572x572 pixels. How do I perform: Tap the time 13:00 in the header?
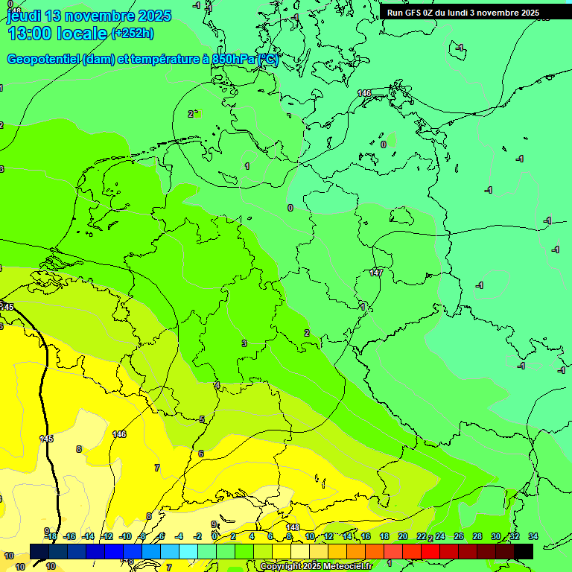(30, 34)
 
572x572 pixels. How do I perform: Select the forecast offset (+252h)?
(133, 33)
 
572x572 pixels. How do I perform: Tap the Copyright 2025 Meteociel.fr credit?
(317, 566)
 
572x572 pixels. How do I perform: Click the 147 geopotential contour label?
(376, 273)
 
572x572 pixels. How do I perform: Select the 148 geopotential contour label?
(293, 527)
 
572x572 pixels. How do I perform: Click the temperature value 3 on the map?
(244, 343)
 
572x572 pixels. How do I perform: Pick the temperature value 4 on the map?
(217, 385)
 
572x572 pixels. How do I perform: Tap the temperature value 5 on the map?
(202, 419)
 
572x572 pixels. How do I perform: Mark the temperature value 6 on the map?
(201, 454)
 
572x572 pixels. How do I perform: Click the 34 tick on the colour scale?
(533, 536)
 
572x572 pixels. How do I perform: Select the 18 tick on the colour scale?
(384, 536)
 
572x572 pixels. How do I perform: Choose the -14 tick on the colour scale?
(88, 536)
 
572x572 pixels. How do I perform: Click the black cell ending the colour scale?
(523, 550)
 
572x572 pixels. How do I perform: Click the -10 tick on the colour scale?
(124, 536)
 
